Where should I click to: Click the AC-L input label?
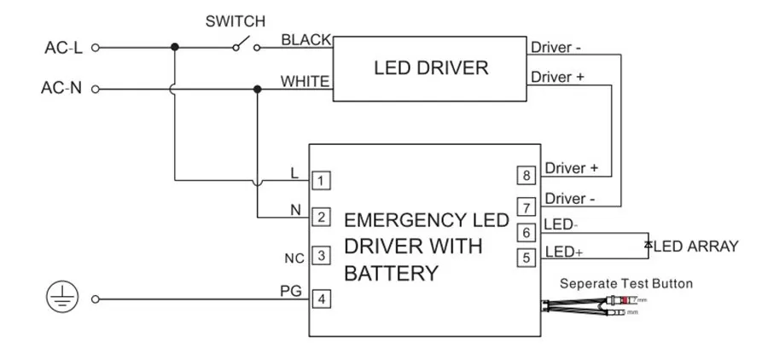(63, 48)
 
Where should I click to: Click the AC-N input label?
(63, 89)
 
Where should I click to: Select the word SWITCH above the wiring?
(236, 20)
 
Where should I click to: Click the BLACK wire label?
(305, 40)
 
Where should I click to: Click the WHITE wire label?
(305, 82)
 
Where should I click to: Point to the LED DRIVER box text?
(431, 68)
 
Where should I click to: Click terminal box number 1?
(321, 181)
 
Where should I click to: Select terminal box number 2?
(321, 218)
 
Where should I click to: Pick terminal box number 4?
(321, 299)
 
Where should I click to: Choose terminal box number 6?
(527, 232)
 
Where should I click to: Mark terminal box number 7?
(527, 206)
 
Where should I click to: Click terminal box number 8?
(527, 176)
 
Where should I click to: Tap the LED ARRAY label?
(695, 247)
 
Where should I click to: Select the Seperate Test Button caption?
(626, 283)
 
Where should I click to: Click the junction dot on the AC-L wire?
(175, 48)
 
